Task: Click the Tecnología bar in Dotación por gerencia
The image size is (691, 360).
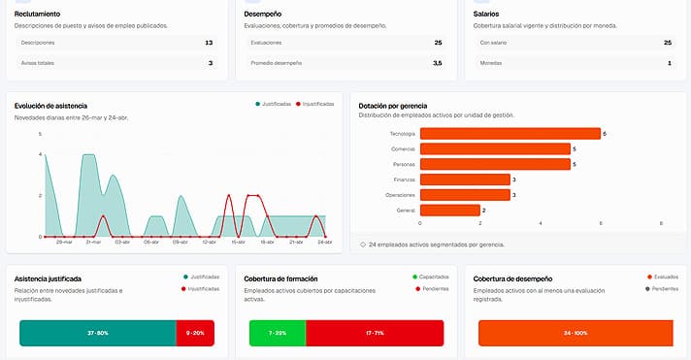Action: click(510, 134)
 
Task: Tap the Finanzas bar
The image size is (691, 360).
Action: click(465, 180)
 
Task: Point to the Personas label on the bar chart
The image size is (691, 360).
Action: click(405, 164)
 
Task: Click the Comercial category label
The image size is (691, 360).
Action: click(403, 148)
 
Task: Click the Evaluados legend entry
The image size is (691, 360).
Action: click(662, 277)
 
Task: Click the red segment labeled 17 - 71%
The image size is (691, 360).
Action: click(374, 333)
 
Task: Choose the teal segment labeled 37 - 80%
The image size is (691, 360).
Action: click(97, 333)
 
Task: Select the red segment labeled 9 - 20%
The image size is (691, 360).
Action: click(195, 333)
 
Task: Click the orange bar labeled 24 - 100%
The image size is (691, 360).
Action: click(576, 333)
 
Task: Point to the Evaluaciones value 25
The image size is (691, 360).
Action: click(438, 43)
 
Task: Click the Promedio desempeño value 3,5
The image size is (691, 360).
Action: click(437, 63)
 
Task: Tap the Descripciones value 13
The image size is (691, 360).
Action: click(209, 43)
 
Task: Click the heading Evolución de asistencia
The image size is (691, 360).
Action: click(51, 105)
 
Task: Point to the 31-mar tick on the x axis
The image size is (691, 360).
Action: click(93, 243)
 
